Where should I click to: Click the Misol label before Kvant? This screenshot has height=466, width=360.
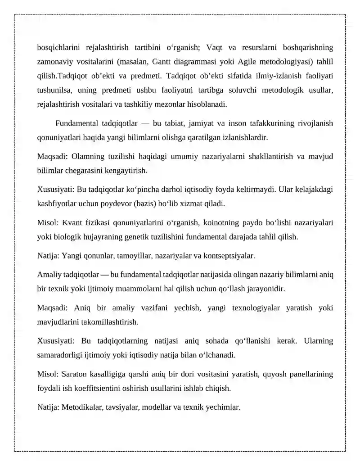click(x=48, y=222)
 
